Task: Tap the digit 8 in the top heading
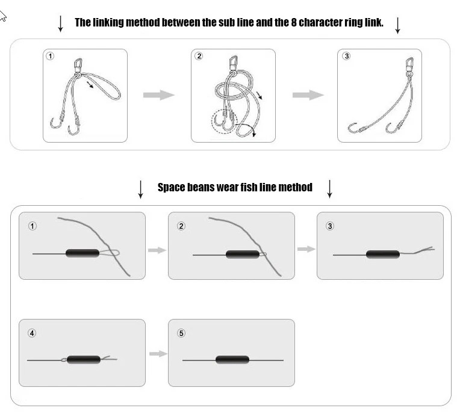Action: click(x=294, y=22)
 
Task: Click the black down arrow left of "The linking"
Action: click(x=60, y=23)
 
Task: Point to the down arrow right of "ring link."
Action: click(x=397, y=25)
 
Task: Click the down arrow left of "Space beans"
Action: click(x=140, y=190)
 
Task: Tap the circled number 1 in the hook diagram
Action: click(x=50, y=56)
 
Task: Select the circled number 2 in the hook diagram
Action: click(x=199, y=56)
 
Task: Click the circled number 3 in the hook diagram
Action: click(x=346, y=56)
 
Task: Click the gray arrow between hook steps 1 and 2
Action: click(x=159, y=95)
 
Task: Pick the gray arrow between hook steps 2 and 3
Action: click(x=308, y=95)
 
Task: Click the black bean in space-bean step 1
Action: click(x=82, y=253)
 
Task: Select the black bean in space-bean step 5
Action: click(x=232, y=360)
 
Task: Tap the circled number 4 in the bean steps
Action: click(x=32, y=333)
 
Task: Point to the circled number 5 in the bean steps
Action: click(x=181, y=333)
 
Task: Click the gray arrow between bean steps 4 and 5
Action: click(x=158, y=354)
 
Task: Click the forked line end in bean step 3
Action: click(x=424, y=250)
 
